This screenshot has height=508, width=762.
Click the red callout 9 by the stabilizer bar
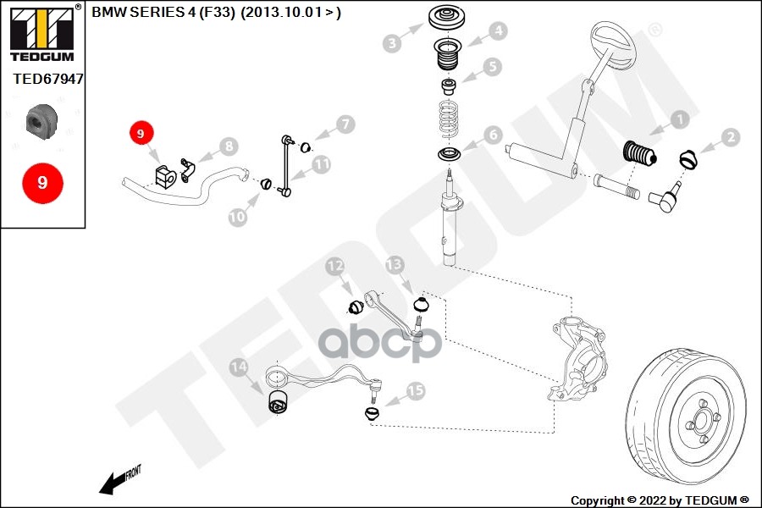pos(141,133)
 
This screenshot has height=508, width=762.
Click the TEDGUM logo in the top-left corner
pos(41,33)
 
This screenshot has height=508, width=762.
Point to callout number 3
pos(392,43)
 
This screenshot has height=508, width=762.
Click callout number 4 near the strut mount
pos(497,31)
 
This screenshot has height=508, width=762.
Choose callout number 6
pos(493,134)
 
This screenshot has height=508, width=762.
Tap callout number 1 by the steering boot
pos(680,120)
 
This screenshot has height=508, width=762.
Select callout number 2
pos(730,136)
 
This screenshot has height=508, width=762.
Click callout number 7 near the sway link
pos(344,125)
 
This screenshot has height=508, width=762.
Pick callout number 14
pos(239,367)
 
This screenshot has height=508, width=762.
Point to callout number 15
pos(416,391)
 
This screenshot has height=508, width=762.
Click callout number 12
pos(336,267)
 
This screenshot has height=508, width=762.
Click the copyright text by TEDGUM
pos(659,500)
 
